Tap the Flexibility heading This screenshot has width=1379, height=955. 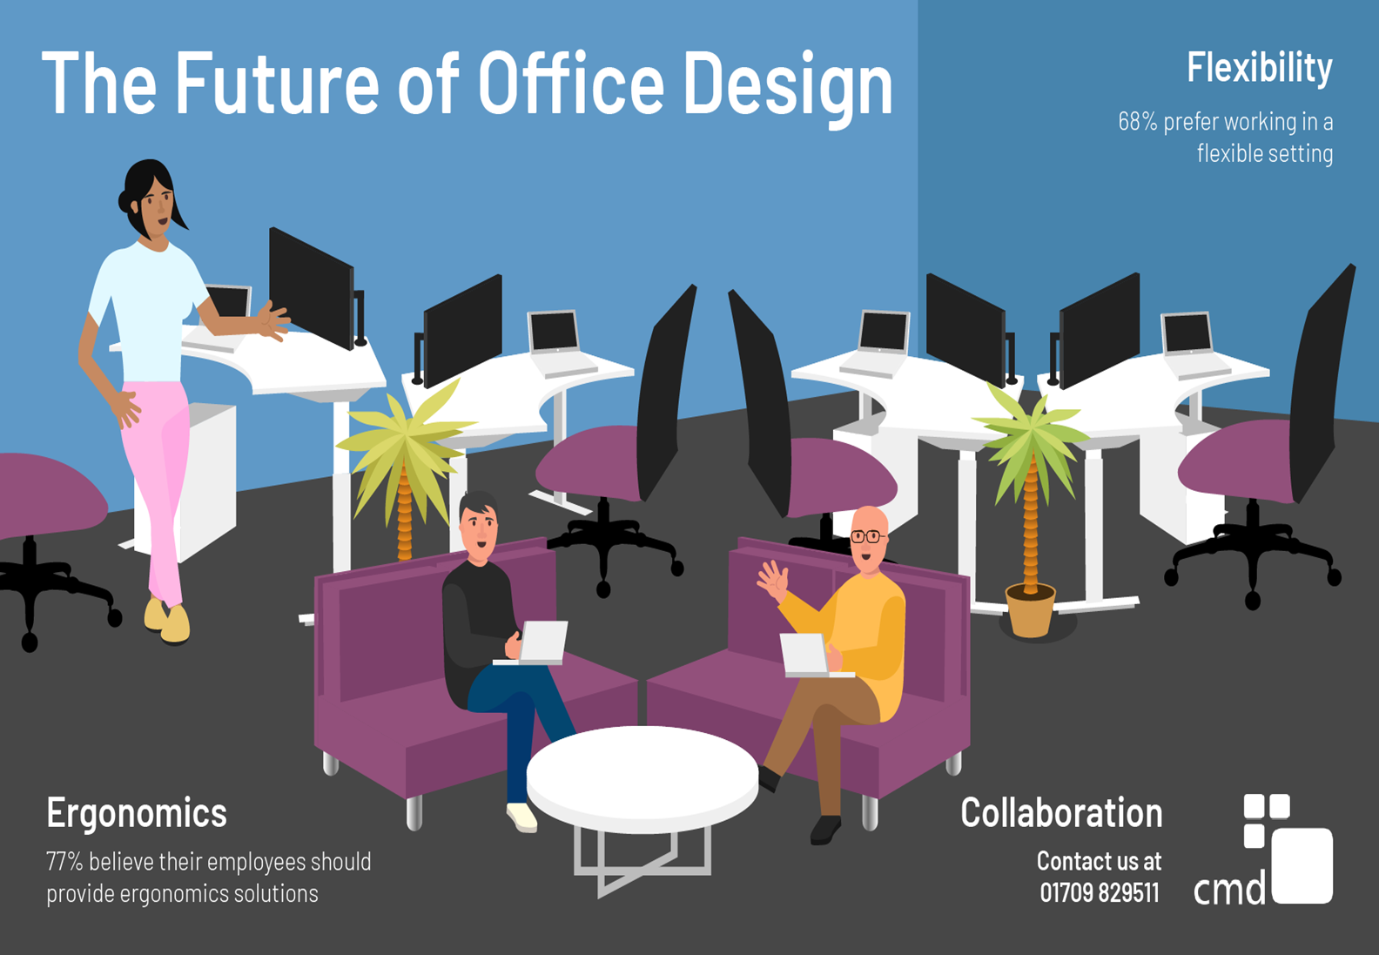1259,68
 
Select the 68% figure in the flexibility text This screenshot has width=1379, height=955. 1137,122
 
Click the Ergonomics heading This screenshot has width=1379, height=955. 137,813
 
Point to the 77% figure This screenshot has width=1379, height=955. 64,862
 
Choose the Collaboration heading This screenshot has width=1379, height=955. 1061,813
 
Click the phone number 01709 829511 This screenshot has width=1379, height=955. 1100,893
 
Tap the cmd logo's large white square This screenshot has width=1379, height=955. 1302,865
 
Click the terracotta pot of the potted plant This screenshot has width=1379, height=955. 1029,613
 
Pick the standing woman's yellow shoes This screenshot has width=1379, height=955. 167,620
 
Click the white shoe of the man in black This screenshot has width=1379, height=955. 522,817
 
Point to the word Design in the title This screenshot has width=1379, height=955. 787,84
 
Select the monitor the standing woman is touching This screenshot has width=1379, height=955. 312,287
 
